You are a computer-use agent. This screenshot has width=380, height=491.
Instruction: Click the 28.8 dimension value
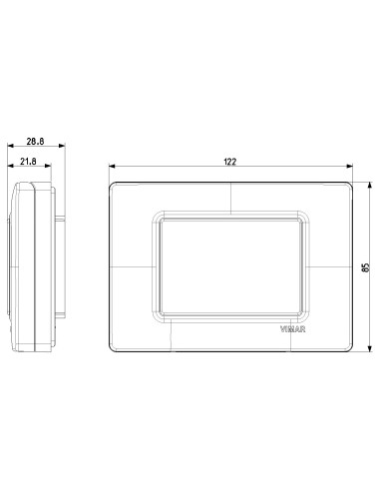(x=35, y=141)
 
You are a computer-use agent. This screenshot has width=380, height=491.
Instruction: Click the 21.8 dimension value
(x=28, y=162)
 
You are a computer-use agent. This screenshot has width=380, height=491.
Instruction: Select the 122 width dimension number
(x=229, y=162)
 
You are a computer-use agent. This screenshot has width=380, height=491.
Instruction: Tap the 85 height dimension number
(x=366, y=267)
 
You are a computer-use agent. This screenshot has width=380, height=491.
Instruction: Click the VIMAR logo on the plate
(x=292, y=329)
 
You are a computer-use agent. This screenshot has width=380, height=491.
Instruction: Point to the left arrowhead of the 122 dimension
(x=112, y=166)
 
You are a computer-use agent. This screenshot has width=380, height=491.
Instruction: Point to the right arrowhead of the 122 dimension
(x=349, y=166)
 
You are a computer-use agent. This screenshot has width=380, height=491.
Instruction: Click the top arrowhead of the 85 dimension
(x=370, y=186)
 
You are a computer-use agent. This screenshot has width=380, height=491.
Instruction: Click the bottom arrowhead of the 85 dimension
(x=370, y=348)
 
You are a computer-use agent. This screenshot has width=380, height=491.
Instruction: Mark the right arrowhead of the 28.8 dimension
(x=62, y=146)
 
